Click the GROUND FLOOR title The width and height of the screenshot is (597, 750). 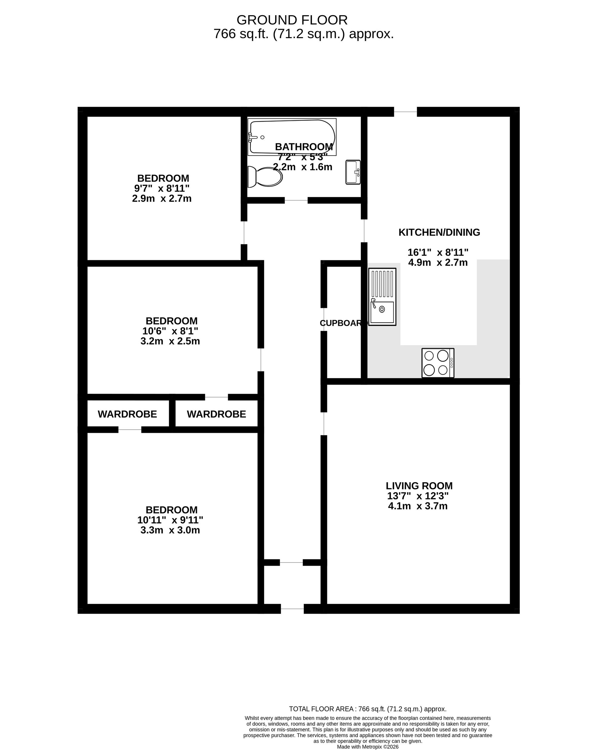[x=292, y=20]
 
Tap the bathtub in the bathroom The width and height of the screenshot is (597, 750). [x=292, y=137]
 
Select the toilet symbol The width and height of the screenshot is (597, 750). [x=265, y=176]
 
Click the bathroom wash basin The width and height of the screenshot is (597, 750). [x=353, y=172]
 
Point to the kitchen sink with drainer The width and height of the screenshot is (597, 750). [x=382, y=297]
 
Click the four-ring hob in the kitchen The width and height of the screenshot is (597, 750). [x=438, y=363]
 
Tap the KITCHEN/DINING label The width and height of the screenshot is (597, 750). [x=439, y=232]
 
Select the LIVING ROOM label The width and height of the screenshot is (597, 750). [x=419, y=486]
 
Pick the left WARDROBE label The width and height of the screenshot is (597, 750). [x=127, y=414]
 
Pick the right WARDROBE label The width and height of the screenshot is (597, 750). [x=216, y=414]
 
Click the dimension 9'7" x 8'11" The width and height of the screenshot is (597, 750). [x=162, y=189]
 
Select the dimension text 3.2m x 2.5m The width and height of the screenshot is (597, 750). [x=170, y=341]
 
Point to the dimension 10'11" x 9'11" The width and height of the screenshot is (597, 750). [x=170, y=520]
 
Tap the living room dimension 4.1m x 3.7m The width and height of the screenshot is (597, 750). [x=418, y=506]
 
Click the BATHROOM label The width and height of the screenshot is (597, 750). [x=304, y=147]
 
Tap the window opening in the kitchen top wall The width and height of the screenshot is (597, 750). [x=405, y=112]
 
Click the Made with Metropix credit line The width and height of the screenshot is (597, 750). [x=367, y=746]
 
